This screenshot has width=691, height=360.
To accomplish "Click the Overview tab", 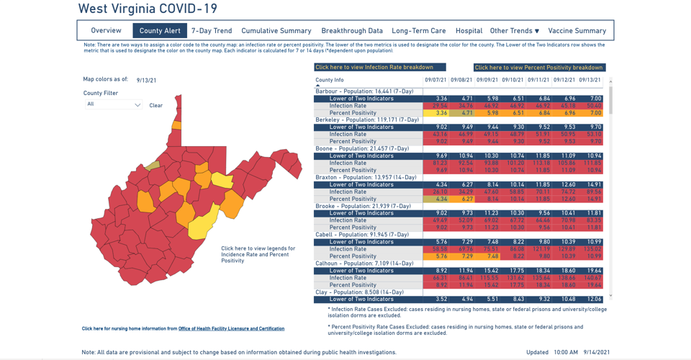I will point(106,31).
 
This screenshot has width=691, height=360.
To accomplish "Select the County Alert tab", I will point(160,31).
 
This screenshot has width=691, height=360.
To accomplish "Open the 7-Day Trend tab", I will point(212,31).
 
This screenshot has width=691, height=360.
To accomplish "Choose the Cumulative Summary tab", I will point(276,31).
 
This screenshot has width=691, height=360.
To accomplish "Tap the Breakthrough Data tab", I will point(352,31).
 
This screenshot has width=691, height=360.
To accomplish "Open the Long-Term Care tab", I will point(419,31).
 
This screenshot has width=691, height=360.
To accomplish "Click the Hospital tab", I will point(469,31).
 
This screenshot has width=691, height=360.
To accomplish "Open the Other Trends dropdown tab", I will point(515,31).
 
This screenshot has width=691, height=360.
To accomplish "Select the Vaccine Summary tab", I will point(577,31).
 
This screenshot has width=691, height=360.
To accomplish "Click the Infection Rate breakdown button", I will point(374,67).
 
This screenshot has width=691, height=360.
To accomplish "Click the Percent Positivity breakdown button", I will point(539,68).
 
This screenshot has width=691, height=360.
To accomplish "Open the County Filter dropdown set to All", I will point(114,104).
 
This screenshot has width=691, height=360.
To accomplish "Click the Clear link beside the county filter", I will point(156,105).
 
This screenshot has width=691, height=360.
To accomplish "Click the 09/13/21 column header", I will point(590,80).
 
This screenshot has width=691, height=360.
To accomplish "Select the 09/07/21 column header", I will point(435,80).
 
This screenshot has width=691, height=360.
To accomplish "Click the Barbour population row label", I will point(364,91).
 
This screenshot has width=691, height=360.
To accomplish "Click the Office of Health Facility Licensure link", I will point(231,328).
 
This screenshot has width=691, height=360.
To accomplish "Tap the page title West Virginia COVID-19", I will point(148,9).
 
